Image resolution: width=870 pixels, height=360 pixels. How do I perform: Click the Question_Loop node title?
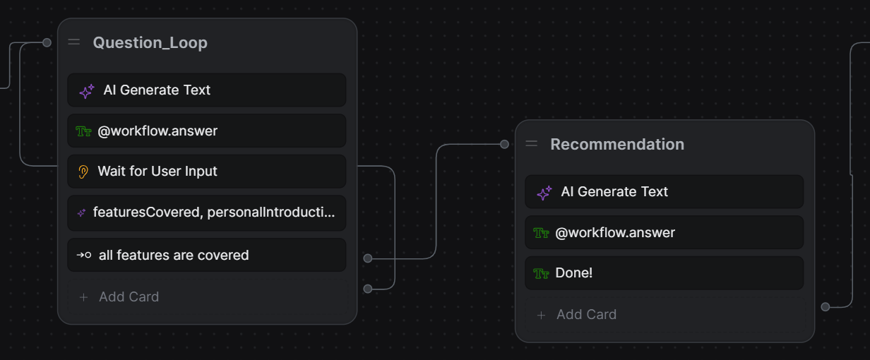click(150, 43)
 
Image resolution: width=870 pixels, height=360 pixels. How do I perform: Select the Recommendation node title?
click(616, 145)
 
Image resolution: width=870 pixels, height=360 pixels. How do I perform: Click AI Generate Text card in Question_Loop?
click(206, 90)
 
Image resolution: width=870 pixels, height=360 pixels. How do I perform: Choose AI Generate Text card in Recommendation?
click(664, 192)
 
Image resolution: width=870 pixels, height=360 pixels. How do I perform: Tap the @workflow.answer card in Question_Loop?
click(206, 131)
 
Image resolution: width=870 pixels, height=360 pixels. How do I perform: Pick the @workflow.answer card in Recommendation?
click(664, 233)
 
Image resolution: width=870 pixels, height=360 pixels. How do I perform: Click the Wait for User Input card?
click(206, 172)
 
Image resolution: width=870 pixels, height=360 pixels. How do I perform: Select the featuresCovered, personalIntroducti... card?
click(206, 212)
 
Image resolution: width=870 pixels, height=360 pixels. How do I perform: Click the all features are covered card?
click(206, 255)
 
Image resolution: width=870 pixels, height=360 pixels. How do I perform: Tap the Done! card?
click(664, 273)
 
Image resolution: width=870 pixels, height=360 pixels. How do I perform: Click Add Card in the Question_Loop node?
click(129, 297)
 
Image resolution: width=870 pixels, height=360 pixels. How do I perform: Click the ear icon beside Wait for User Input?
click(83, 172)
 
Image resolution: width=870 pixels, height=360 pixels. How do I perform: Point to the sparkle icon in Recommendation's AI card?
click(544, 193)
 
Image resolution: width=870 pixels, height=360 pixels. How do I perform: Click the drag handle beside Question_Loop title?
click(74, 42)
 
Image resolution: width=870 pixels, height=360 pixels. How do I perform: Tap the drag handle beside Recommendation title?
click(532, 144)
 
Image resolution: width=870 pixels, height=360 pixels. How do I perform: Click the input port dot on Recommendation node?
click(504, 144)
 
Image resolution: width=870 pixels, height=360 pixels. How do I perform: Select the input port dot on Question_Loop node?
click(47, 42)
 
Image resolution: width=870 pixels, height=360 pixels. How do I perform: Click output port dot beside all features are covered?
click(367, 258)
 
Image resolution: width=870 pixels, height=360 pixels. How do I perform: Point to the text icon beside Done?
click(542, 273)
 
